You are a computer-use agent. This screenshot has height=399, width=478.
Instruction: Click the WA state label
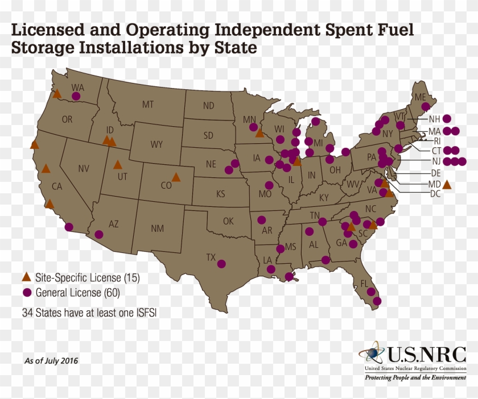[x=77, y=88]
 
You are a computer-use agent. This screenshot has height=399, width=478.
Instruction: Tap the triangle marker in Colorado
[x=176, y=177]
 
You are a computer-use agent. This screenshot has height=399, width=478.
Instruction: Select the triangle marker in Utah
[x=117, y=165]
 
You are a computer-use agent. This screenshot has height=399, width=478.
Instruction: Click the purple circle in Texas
[x=221, y=264]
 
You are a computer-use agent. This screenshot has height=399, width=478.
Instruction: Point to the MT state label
[x=148, y=105]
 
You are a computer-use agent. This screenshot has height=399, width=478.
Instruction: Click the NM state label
[x=157, y=228]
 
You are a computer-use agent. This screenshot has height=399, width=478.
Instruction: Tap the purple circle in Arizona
[x=99, y=234]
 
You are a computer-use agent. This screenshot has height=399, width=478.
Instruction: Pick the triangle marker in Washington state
[x=57, y=94]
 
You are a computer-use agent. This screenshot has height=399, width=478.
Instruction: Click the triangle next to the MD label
[x=447, y=184]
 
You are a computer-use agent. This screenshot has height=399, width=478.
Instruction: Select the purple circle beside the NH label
[x=447, y=119]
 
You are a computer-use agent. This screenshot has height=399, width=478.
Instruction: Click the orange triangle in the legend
[x=26, y=278]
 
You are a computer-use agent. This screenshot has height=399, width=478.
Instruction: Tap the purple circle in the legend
[x=26, y=293]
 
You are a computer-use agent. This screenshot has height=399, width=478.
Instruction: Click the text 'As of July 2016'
[x=51, y=360]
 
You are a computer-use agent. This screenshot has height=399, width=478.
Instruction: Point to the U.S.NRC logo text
[x=427, y=355]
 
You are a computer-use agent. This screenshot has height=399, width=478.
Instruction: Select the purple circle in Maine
[x=425, y=106]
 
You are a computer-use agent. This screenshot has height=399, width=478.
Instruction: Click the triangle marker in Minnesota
[x=259, y=133]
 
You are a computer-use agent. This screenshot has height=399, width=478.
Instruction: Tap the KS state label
[x=220, y=194]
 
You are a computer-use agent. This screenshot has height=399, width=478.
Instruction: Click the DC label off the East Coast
[x=435, y=194]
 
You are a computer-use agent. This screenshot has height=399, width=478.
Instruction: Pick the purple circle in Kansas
[x=228, y=169]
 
